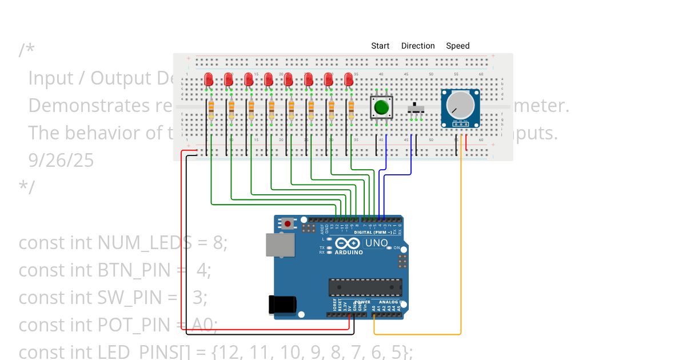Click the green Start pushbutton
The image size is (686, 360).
(x=381, y=107)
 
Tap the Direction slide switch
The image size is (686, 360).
(x=416, y=107)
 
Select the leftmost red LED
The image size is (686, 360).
(x=209, y=79)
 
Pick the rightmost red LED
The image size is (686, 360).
(x=349, y=79)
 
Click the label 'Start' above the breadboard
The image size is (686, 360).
(x=380, y=46)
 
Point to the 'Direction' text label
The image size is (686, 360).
(x=418, y=46)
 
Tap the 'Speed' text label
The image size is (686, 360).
(x=457, y=46)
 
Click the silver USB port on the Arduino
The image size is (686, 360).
(x=281, y=245)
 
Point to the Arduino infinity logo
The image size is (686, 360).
(x=348, y=243)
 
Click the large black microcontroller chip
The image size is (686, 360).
(x=365, y=288)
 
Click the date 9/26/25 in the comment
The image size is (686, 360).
(x=61, y=161)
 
